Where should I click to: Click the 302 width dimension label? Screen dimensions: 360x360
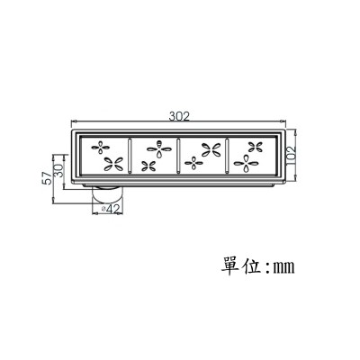(x=179, y=116)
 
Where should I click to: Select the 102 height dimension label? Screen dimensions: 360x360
(x=291, y=156)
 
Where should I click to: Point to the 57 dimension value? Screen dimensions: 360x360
(x=47, y=178)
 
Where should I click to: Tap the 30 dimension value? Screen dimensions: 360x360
(x=58, y=171)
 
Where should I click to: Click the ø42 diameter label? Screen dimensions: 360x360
(x=111, y=210)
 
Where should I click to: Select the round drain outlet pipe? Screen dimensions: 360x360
(x=107, y=196)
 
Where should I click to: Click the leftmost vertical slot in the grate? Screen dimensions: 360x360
(x=130, y=156)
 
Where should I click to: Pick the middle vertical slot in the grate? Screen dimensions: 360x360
(x=178, y=156)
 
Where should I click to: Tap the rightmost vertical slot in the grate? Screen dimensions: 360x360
(x=227, y=156)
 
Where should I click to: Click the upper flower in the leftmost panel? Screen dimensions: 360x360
(x=101, y=148)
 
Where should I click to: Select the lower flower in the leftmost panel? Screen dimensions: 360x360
(x=113, y=164)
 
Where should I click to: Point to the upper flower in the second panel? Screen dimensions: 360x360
(x=159, y=148)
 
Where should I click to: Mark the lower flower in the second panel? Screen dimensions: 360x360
(x=148, y=166)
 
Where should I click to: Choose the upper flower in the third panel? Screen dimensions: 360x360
(x=211, y=149)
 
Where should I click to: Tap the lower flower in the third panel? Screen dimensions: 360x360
(x=193, y=163)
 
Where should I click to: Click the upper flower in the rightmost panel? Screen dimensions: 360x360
(x=256, y=147)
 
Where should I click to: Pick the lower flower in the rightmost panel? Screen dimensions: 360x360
(x=247, y=164)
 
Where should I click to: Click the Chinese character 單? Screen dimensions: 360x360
(x=231, y=265)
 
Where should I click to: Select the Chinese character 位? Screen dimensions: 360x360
(x=251, y=265)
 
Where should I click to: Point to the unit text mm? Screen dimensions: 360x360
(x=283, y=267)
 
